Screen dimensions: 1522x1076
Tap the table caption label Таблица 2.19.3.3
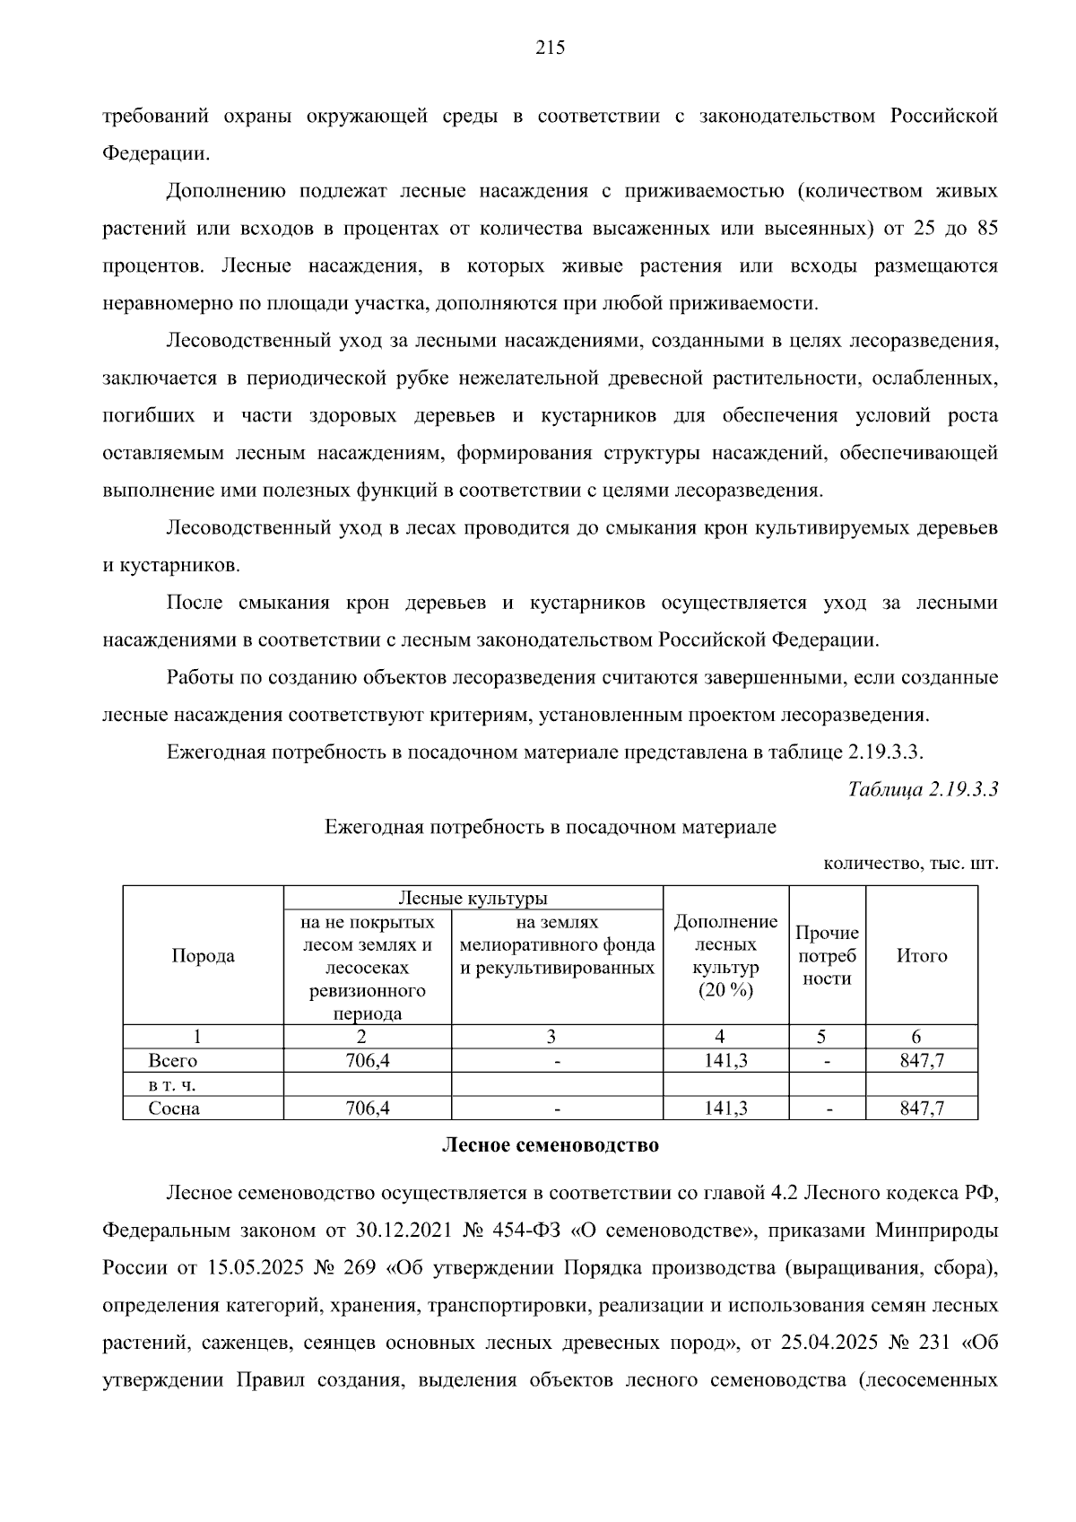[x=923, y=789]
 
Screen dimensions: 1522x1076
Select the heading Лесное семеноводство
[x=550, y=1145]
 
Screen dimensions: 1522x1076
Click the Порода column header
[x=203, y=956]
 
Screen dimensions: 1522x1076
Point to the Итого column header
[x=922, y=956]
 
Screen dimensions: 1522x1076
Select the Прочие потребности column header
[x=827, y=956]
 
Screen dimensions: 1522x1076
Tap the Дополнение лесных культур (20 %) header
[x=725, y=956]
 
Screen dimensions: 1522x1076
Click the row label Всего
[x=172, y=1061]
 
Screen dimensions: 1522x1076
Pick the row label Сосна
[x=174, y=1109]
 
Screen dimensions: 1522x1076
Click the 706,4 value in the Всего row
[x=368, y=1061]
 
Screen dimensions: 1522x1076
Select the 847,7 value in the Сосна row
[x=922, y=1109]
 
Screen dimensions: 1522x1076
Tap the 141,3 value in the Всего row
[x=725, y=1061]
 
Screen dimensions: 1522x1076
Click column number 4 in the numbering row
[x=720, y=1037]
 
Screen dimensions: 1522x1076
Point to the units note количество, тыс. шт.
[x=910, y=865]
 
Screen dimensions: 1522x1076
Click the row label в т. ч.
[x=171, y=1085]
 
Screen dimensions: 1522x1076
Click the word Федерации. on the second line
[x=156, y=153]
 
